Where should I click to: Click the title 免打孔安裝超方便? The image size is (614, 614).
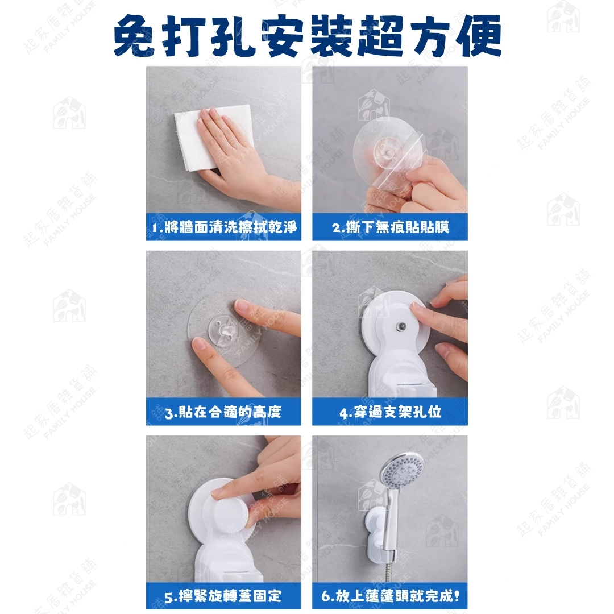point(308,36)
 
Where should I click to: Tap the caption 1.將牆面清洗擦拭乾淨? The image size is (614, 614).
point(224,227)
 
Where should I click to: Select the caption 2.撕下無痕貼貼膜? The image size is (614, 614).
point(391,227)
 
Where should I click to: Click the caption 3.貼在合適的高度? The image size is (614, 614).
point(223,412)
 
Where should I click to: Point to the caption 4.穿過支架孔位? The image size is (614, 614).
point(391,412)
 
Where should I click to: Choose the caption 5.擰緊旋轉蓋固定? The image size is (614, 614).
point(223,596)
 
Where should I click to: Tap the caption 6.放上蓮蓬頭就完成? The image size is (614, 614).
point(391,596)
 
